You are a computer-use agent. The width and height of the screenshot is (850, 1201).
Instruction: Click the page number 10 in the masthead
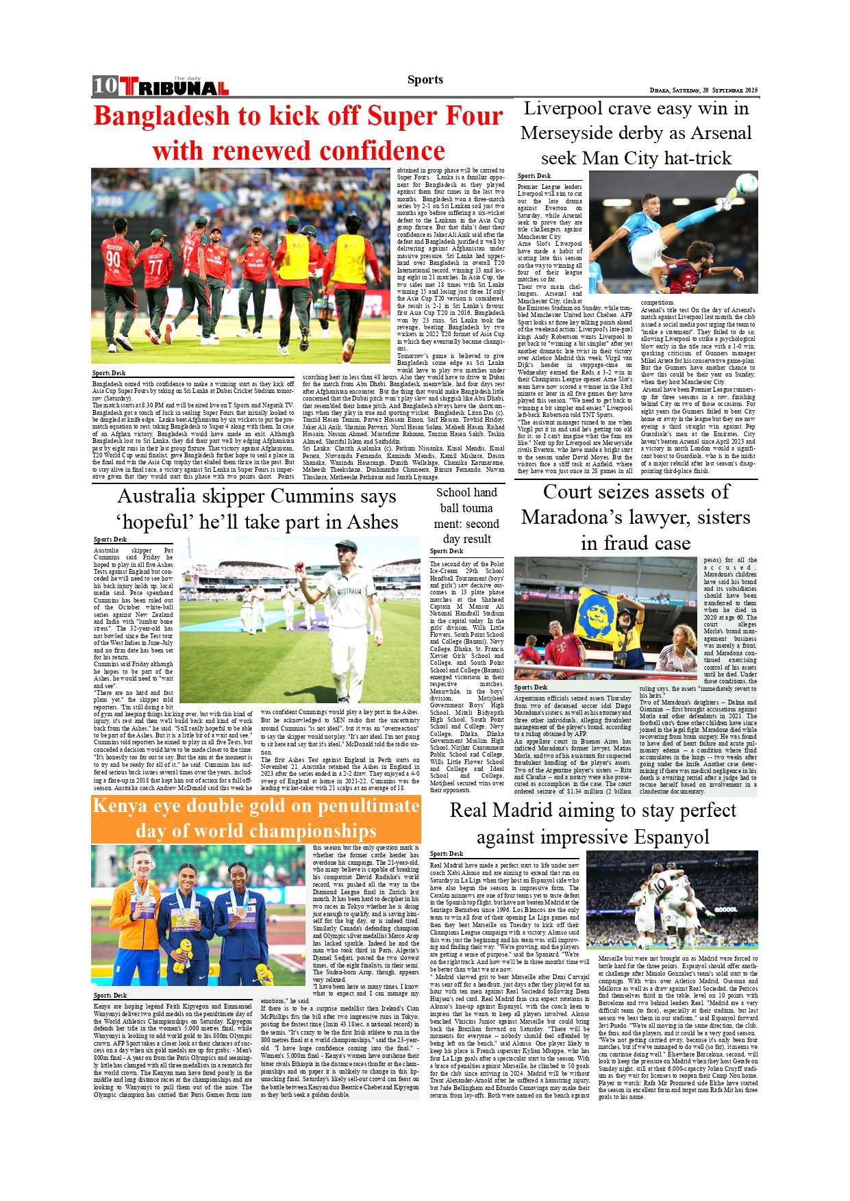click(x=105, y=85)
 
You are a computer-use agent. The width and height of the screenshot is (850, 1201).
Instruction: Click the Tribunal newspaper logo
click(x=175, y=87)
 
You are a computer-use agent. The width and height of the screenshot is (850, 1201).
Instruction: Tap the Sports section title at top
click(x=425, y=79)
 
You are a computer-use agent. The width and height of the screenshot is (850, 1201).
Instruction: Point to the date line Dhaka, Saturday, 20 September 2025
click(x=703, y=90)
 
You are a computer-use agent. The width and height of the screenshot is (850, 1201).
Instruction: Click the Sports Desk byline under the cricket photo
click(x=109, y=373)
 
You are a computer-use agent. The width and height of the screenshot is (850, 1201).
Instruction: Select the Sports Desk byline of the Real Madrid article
click(x=447, y=854)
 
